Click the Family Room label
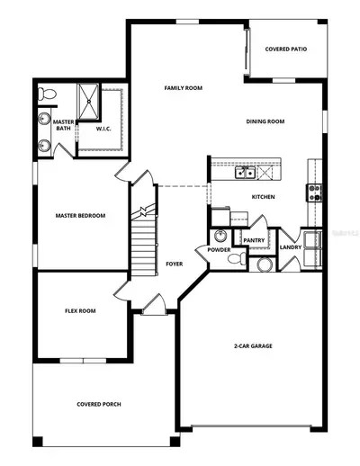184,88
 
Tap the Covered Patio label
286,49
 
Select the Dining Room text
265,121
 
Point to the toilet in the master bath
47,94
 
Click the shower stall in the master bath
88,102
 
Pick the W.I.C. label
103,129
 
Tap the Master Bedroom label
80,216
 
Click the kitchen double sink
245,173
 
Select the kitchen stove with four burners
314,193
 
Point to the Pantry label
254,240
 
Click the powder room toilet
237,258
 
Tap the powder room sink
221,237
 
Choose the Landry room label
291,247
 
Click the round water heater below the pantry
265,264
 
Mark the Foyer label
175,264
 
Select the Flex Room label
80,311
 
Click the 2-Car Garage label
253,346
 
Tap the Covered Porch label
99,404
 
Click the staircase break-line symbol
143,211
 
